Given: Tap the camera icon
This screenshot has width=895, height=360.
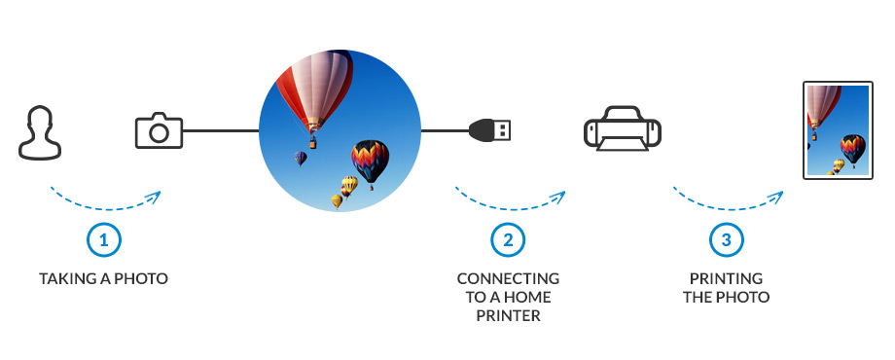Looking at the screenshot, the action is click(x=159, y=130).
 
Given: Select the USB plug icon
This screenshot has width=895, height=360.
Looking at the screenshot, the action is click(x=489, y=130).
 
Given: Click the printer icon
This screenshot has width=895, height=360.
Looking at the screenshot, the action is click(x=623, y=128).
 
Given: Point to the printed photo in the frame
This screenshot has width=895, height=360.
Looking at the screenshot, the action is click(x=838, y=130).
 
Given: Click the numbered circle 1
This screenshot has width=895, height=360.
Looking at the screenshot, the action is click(x=104, y=240).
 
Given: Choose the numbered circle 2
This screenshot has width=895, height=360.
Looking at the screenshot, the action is click(x=508, y=240).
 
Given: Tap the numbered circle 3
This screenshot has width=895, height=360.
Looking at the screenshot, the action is click(x=726, y=240).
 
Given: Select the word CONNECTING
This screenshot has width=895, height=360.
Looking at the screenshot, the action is click(x=508, y=279).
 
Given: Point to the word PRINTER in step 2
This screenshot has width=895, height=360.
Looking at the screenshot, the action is click(x=508, y=316).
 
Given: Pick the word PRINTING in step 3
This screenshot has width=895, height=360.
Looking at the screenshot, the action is click(x=726, y=279).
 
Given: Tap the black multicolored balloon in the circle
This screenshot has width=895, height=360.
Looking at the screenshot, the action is click(x=370, y=161).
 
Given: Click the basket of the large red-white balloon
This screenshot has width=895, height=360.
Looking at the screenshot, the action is click(x=313, y=143).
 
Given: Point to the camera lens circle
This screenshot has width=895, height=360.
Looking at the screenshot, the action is click(x=159, y=133).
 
